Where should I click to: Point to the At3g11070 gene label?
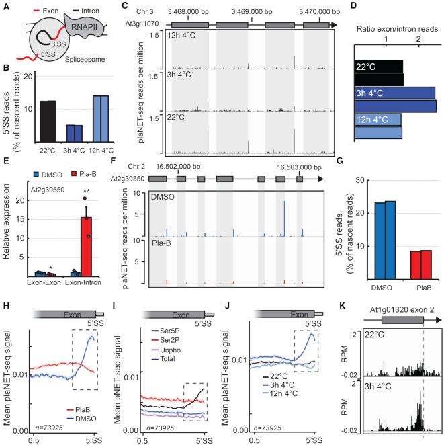click(142, 23)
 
